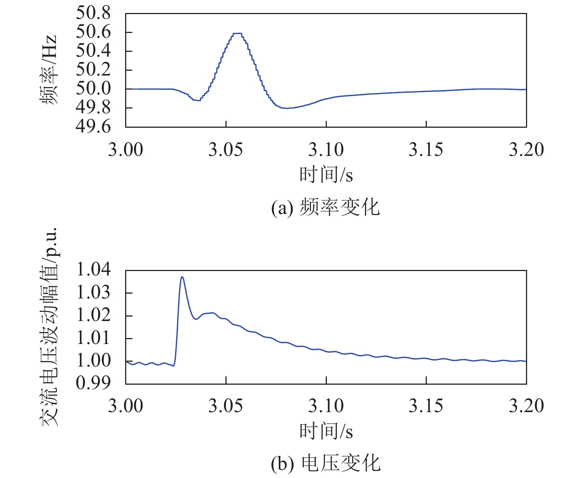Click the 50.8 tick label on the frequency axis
point(93,13)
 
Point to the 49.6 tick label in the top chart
point(93,127)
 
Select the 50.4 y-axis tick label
point(93,51)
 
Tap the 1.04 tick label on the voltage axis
point(93,270)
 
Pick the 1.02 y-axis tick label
point(93,315)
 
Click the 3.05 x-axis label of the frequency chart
point(225,150)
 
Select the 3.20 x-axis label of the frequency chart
point(526,150)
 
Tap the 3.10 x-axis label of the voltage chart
point(326,406)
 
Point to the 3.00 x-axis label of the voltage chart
point(125,406)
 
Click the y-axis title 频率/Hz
point(49,70)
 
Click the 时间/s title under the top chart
point(326,174)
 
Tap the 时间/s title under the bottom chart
point(326,431)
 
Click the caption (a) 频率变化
point(325,207)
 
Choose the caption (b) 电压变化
point(325,464)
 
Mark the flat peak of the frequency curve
point(237,33)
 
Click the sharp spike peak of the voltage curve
point(182,277)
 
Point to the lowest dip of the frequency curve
point(287,108)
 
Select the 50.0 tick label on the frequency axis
point(93,88)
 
